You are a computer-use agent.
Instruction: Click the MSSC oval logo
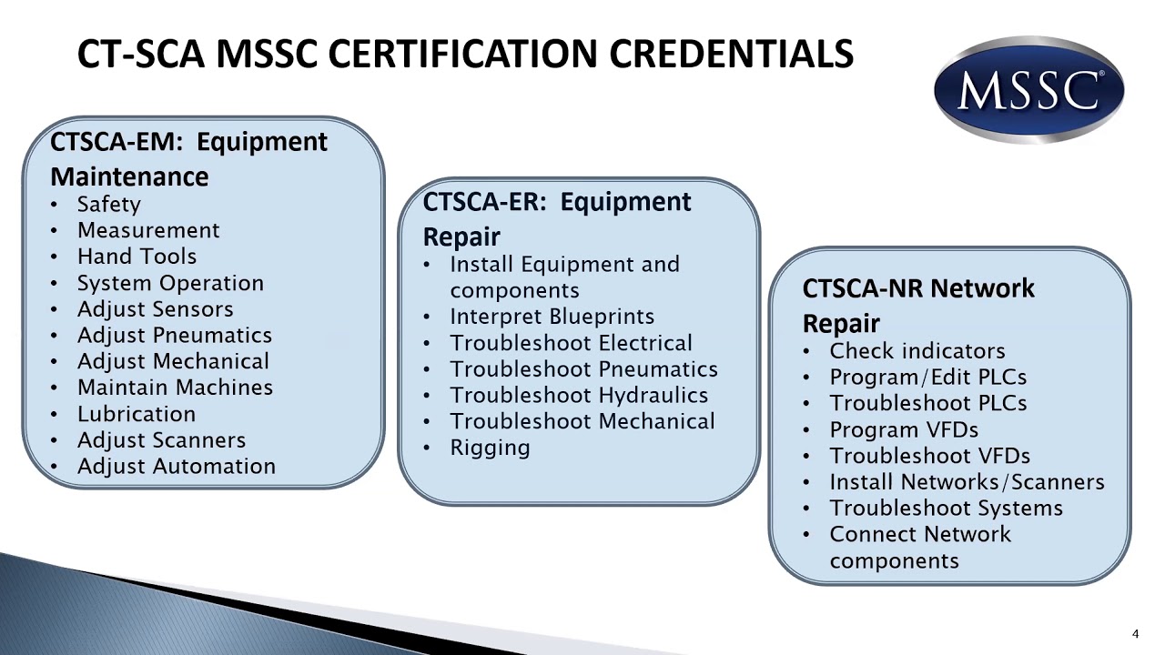click(1028, 90)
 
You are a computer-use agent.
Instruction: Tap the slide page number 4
click(1136, 634)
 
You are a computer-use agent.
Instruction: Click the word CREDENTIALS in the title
click(731, 54)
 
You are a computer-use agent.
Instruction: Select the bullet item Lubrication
click(136, 414)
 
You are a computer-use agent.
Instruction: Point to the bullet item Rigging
click(489, 448)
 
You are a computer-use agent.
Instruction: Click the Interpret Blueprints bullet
click(552, 317)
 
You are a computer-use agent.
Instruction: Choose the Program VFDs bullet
click(903, 429)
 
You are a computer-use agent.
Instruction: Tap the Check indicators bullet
click(917, 351)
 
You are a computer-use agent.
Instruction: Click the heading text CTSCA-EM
click(118, 142)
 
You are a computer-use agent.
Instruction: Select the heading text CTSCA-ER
click(486, 202)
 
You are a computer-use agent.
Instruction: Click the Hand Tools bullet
click(137, 257)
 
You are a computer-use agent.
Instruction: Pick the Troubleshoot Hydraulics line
click(578, 396)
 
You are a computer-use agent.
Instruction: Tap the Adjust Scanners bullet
click(161, 440)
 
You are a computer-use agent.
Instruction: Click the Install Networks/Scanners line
click(966, 482)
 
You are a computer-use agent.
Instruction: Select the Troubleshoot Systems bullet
click(946, 509)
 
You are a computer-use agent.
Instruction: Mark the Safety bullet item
click(108, 205)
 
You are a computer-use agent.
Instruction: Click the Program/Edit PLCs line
click(927, 378)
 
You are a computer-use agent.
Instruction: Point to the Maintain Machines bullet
click(175, 388)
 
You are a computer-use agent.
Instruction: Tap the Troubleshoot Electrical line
click(571, 343)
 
